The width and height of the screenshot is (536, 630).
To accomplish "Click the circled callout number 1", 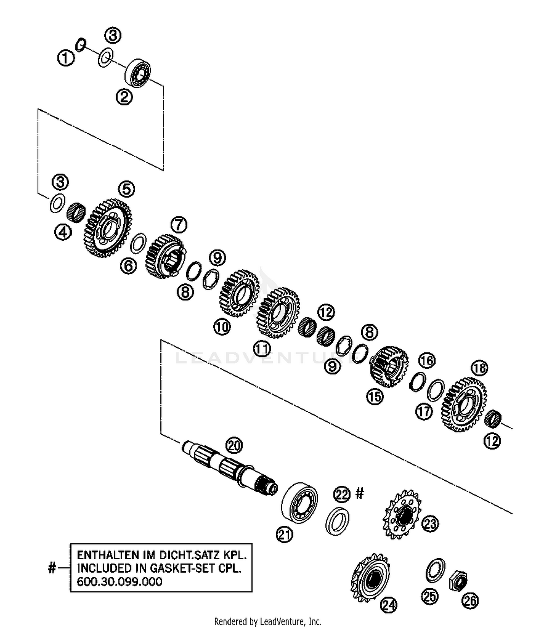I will tap(66, 58).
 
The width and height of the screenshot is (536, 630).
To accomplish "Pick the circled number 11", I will tap(262, 349).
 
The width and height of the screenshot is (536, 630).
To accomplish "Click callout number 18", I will tap(479, 368).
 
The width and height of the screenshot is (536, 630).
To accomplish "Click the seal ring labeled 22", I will tap(337, 521).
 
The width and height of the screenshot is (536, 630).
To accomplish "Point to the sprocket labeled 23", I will tap(402, 514).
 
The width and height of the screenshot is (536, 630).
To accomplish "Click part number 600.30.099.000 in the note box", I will tap(119, 581).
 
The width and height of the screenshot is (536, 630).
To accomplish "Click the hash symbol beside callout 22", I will tap(359, 494).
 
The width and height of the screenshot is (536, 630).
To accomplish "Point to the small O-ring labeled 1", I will tap(81, 45).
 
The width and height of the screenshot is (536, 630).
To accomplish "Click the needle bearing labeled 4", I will tap(76, 212).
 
